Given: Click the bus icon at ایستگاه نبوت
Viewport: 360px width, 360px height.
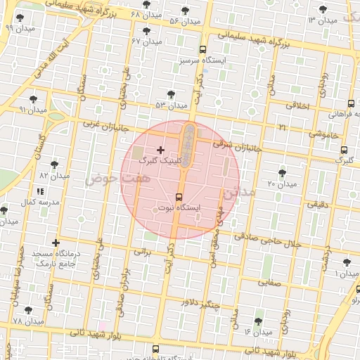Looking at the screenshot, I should pos(179,197).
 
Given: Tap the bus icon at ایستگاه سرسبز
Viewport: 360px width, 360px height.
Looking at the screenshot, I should pos(202,50).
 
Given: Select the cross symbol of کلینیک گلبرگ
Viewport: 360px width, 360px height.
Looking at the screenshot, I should pos(161,150).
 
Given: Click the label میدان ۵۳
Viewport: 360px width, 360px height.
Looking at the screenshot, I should pos(171,105).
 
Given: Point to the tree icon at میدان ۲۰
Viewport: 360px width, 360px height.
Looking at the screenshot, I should pos(283,172).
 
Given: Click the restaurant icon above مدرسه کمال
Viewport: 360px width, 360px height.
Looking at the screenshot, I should pos(39,191).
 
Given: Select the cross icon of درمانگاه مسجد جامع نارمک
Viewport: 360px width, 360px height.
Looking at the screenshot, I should pos(56,243).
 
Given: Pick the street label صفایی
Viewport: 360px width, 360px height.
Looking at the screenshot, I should pos(270,283).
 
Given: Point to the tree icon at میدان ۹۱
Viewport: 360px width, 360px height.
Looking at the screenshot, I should pos(33,99).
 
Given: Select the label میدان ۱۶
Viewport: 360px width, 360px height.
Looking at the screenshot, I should pos(257,330).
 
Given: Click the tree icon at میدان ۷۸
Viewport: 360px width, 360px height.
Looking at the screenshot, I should pos(28,309).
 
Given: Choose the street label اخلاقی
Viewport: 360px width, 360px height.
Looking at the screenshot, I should pos(299,105).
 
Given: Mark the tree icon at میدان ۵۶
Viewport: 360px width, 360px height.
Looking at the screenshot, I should pos(185,11).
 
